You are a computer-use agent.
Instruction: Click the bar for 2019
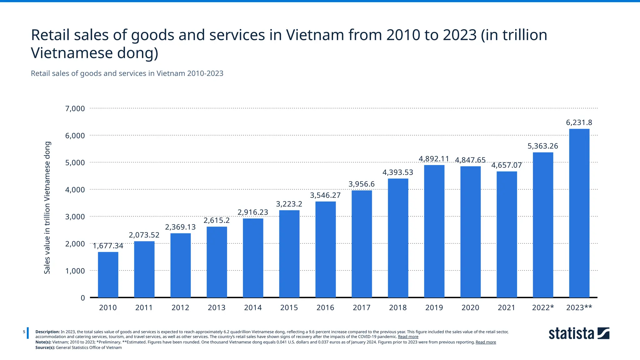coord(434,231)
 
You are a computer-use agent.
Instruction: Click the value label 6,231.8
coord(579,122)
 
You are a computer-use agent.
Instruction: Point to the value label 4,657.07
coord(507,165)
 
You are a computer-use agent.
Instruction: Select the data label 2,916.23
coord(253,212)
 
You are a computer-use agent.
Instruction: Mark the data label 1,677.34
coord(108,246)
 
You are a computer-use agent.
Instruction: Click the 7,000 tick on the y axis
coord(75,109)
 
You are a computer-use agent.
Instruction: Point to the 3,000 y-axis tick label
coord(75,217)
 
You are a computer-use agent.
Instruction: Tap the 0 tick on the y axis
coord(83,298)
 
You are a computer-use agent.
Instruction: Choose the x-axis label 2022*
coord(543,307)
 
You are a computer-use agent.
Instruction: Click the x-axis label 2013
coord(217,307)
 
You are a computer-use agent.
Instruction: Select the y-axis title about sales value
coord(47,208)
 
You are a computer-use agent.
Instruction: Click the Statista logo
coord(579,333)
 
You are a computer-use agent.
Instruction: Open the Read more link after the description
coord(408,337)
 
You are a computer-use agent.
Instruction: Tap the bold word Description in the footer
coord(47,332)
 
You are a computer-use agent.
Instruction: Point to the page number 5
coord(24,332)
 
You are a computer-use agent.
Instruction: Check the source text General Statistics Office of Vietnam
coord(89,347)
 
